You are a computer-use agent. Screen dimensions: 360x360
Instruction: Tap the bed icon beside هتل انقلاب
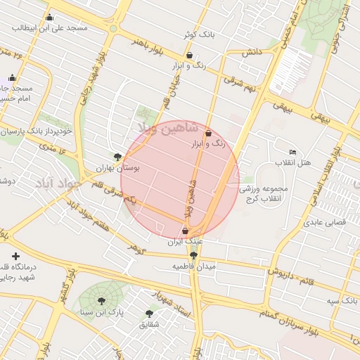(292, 153)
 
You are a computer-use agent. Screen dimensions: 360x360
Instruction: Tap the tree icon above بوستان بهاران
(117, 157)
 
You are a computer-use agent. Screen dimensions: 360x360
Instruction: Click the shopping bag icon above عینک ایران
(185, 231)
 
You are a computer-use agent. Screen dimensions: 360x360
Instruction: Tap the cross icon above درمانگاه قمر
(15, 257)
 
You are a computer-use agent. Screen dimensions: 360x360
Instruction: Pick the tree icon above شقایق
(149, 314)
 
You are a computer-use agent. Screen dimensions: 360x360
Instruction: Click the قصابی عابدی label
(321, 222)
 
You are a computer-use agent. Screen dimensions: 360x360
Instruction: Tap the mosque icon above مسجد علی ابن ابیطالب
(49, 18)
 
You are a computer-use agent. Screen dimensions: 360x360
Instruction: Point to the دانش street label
(252, 53)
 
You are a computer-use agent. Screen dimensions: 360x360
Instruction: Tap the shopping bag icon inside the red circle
(208, 133)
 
